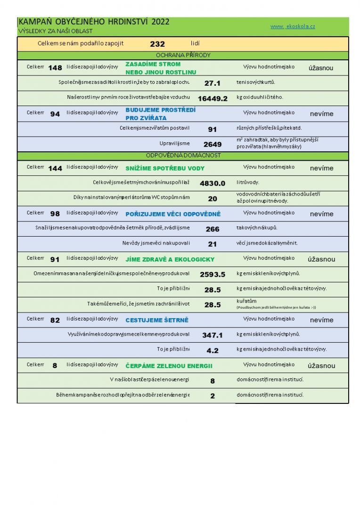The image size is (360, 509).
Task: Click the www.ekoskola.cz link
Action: tap(293, 26)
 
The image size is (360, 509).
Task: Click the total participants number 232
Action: tap(157, 44)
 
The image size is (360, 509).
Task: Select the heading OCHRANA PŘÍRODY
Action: tap(183, 55)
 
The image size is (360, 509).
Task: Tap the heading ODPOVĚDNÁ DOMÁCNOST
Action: tap(183, 155)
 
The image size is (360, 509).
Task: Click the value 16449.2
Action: tap(213, 99)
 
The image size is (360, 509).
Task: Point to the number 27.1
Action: tap(213, 83)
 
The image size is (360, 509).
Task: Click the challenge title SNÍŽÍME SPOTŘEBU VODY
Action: tap(165, 168)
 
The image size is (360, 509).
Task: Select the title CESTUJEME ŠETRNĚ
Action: tap(157, 320)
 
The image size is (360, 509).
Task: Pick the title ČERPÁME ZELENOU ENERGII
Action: tap(169, 366)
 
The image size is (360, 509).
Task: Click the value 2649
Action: tap(213, 144)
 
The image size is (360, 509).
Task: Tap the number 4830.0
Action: tap(213, 183)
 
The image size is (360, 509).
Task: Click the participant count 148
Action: tap(55, 68)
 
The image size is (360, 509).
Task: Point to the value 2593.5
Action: tap(213, 274)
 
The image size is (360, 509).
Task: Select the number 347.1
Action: tap(213, 336)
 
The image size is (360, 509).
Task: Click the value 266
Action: tap(213, 229)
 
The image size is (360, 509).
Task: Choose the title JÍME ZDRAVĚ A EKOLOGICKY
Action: tap(170, 259)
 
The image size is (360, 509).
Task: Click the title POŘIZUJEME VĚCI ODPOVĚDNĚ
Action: tap(173, 214)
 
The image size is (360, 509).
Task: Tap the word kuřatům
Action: tap(246, 300)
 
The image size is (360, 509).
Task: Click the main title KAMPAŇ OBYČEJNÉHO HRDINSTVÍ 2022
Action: tap(94, 22)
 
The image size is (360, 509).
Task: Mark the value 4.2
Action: tap(213, 351)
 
